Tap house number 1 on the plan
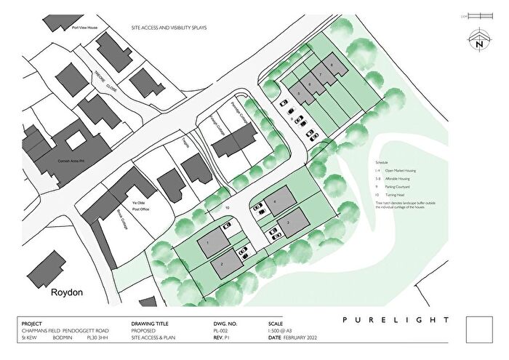click(209, 242)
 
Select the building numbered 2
click(223, 263)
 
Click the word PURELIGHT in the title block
click(396, 320)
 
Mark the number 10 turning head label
click(228, 208)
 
